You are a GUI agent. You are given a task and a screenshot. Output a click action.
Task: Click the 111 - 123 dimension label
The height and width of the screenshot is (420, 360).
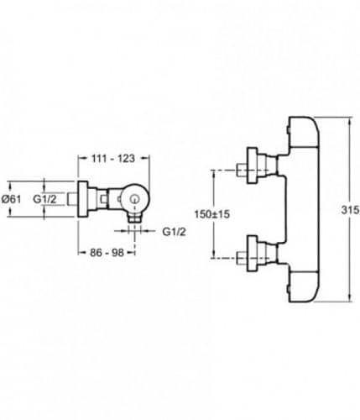(x=113, y=159)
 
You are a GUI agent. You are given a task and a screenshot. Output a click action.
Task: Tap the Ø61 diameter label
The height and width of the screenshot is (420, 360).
(x=12, y=199)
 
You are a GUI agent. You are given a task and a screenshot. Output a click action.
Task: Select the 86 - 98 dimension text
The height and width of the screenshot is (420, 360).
(x=107, y=253)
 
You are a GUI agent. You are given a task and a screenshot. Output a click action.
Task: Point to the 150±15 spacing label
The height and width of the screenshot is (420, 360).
(x=212, y=214)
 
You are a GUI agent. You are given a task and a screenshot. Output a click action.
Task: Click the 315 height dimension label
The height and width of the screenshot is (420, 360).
(x=350, y=210)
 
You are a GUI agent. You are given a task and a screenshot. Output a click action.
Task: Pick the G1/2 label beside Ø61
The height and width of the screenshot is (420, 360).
(x=44, y=199)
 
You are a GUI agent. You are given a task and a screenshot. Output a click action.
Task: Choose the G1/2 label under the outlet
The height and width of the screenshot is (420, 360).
(x=174, y=232)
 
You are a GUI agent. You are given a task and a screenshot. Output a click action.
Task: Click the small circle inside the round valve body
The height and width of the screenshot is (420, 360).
(x=135, y=199)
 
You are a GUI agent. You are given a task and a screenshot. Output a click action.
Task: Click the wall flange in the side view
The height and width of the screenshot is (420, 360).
(x=83, y=199)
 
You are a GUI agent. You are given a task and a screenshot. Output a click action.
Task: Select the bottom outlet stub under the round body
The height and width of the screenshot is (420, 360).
(x=135, y=218)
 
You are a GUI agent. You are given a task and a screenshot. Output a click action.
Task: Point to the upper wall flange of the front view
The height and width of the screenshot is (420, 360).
(x=252, y=165)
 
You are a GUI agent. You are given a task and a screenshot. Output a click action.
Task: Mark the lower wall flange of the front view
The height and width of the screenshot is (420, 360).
(x=252, y=254)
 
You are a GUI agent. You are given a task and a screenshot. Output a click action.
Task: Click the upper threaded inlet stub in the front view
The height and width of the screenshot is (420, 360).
(x=242, y=170)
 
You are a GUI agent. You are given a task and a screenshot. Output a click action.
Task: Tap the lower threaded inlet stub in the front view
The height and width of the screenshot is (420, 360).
(x=242, y=258)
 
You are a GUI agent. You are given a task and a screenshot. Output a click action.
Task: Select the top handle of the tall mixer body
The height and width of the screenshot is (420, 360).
(x=304, y=132)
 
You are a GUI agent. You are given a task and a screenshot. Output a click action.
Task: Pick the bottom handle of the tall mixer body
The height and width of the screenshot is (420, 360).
(x=304, y=286)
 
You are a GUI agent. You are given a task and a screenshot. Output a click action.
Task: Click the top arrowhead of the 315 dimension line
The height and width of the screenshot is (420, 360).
(x=350, y=120)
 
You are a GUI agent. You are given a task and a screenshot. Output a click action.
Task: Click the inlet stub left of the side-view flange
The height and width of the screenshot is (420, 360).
(x=73, y=199)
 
